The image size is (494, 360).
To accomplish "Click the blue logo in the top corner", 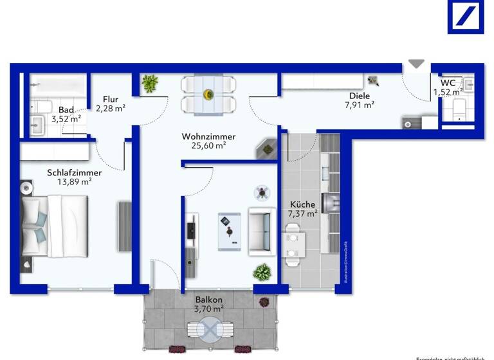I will (466, 17).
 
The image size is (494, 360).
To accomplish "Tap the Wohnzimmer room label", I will (208, 137).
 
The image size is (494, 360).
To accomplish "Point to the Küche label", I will (302, 205).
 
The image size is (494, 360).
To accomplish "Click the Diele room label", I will (360, 96).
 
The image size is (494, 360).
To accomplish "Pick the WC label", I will (448, 83).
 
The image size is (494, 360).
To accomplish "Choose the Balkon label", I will (209, 300).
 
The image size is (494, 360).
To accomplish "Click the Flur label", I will (110, 99).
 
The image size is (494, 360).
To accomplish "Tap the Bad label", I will (66, 109).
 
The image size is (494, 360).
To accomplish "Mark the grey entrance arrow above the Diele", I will (417, 64).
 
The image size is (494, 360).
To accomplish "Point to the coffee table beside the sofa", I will (229, 229).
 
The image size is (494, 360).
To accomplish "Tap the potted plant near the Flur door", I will (150, 83).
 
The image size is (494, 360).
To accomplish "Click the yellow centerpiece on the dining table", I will (208, 94).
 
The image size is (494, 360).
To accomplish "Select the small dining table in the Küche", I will (294, 246).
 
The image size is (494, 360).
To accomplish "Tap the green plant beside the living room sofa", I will (262, 272).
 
